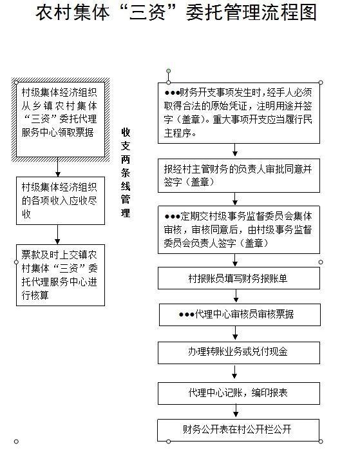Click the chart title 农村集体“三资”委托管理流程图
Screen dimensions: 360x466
coord(176,12)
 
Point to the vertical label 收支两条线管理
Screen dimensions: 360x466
coord(126,172)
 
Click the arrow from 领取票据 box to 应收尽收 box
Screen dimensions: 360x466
coord(58,167)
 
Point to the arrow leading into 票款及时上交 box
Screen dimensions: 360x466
coord(57,235)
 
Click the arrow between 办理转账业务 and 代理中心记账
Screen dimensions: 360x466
coord(234,371)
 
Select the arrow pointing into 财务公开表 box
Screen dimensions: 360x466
coord(236,411)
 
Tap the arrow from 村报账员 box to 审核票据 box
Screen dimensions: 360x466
coord(236,296)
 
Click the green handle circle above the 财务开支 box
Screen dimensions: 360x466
coord(169,71)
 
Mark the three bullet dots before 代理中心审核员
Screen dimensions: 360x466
coord(186,315)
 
